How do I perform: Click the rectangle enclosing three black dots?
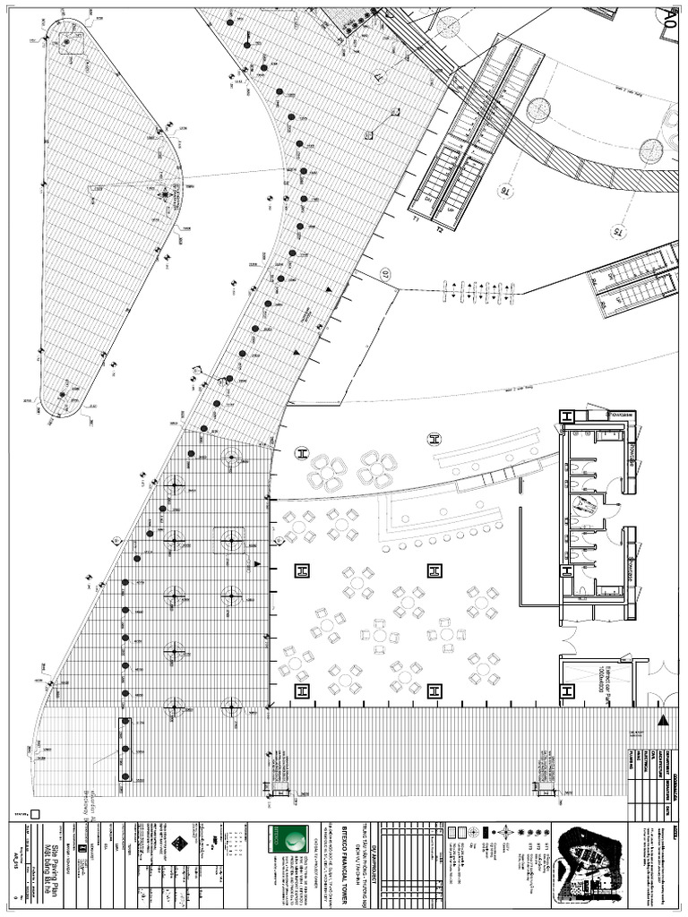tap(125, 749)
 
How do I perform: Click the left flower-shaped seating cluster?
tap(328, 471)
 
